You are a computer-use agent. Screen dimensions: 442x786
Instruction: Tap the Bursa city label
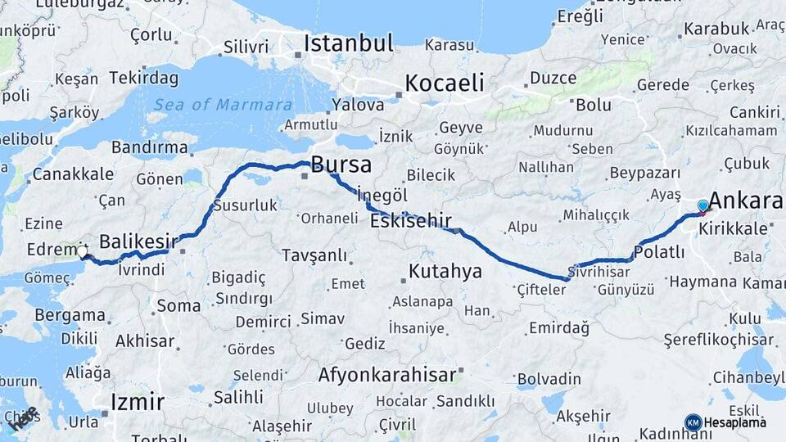click(x=341, y=165)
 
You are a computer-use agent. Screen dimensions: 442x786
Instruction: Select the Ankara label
click(x=745, y=201)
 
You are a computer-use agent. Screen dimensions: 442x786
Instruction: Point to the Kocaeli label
click(x=445, y=83)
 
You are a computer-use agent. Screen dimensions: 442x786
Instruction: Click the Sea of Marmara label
click(x=222, y=105)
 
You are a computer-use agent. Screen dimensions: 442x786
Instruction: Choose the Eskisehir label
click(x=411, y=221)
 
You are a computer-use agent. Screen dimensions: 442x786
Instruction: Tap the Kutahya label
click(x=445, y=272)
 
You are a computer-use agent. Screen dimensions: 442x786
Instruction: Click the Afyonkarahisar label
click(x=387, y=376)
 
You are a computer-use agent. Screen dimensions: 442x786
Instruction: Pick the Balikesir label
click(x=138, y=241)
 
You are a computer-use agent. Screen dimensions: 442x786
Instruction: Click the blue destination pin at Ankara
click(x=702, y=206)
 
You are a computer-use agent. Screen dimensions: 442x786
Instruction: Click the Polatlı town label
click(x=659, y=252)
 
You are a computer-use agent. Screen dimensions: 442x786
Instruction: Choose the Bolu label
click(x=594, y=105)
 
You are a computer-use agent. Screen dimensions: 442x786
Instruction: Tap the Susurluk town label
click(x=246, y=205)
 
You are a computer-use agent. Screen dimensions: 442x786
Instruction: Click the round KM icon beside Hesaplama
click(x=693, y=422)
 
